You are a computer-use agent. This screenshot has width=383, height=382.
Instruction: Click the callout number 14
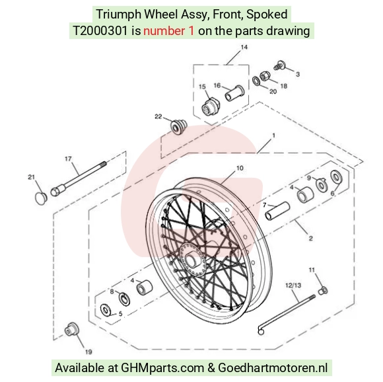[244, 47]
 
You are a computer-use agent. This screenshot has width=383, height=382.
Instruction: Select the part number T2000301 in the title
[100, 31]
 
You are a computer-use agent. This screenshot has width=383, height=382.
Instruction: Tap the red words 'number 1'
[169, 31]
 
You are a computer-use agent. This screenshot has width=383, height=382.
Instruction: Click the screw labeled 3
[280, 65]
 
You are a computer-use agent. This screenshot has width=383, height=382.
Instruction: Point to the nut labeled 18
[263, 75]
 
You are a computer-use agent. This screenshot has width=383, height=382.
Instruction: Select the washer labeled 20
[256, 81]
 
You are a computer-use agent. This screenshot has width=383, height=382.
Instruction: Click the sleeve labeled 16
[234, 93]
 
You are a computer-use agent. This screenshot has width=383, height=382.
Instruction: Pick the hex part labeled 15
[211, 107]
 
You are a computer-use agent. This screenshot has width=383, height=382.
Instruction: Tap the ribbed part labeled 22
[178, 127]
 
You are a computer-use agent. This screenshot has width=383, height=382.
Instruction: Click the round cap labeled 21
[41, 198]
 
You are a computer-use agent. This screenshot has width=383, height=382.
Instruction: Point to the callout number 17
[68, 159]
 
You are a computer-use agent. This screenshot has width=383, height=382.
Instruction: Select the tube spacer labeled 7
[277, 211]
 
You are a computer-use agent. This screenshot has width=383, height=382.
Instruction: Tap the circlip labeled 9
[322, 184]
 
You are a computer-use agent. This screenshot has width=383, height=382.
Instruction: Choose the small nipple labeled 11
[323, 291]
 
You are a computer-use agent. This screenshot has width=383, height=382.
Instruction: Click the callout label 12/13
[293, 286]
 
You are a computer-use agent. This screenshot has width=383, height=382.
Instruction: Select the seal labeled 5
[106, 310]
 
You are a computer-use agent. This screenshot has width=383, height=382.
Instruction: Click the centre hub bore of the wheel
[191, 259]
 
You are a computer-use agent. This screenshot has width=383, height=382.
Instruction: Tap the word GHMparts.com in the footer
[162, 367]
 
